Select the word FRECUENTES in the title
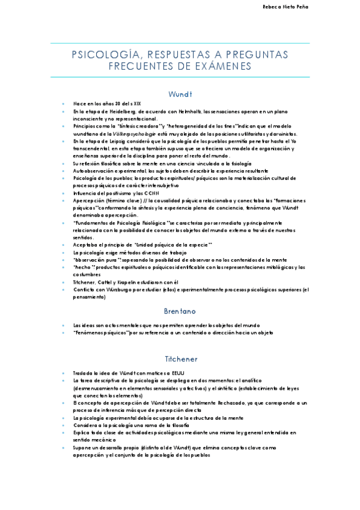[x=141, y=66]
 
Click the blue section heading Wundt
[x=180, y=94]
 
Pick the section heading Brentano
[x=180, y=312]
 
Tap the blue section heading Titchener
[x=180, y=359]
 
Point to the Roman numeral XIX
[x=136, y=103]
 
